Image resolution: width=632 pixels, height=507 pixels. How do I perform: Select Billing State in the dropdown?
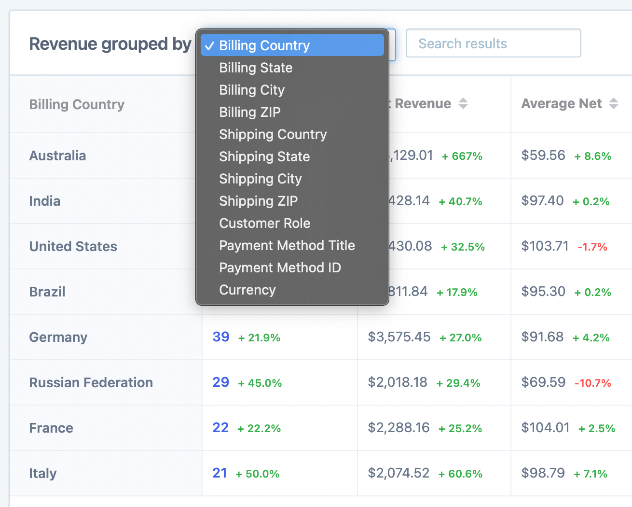coord(256,68)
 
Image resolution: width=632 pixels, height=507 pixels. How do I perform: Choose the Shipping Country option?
coord(273,134)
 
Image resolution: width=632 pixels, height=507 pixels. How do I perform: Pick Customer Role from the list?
coord(264,223)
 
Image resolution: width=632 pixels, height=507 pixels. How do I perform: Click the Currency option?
coord(247,290)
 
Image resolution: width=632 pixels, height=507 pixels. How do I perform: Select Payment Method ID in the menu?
coord(280,268)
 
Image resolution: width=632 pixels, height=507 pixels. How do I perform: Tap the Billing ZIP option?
coord(249,112)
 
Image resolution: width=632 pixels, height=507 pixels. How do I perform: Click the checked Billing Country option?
coord(264,45)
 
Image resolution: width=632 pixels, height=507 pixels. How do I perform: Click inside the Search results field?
coord(493,43)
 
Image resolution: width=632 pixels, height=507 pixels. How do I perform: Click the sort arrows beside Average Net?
coord(613,103)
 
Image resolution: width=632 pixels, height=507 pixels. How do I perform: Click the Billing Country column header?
coord(77,104)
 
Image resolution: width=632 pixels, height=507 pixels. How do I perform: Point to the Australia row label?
coord(57,155)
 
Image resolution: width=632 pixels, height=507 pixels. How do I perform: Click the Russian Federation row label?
coord(91,382)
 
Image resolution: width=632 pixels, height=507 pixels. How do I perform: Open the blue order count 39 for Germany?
coord(221,337)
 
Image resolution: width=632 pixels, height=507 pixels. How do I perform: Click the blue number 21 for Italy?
coord(220,473)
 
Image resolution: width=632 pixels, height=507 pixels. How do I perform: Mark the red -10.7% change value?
coord(592,383)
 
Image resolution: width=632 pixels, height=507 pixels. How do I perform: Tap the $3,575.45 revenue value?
coord(399,337)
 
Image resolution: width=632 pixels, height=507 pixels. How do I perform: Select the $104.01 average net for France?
coord(545,427)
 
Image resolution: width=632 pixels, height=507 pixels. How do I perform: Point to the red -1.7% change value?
coord(592,247)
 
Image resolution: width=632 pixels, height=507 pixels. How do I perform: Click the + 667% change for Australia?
coord(462,156)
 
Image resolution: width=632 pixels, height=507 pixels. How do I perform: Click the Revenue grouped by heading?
coord(110,44)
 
